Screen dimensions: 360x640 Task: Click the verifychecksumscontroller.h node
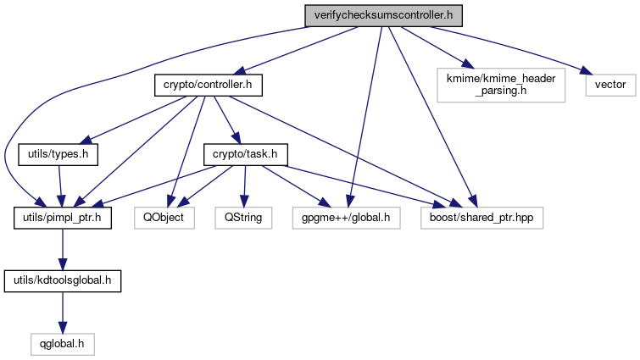[382, 15]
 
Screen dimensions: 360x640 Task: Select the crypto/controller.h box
[209, 86]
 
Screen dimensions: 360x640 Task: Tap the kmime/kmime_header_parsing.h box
[501, 86]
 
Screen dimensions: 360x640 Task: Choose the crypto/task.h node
[246, 155]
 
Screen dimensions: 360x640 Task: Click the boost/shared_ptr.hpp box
[481, 218]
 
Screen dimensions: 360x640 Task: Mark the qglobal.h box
[59, 343]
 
